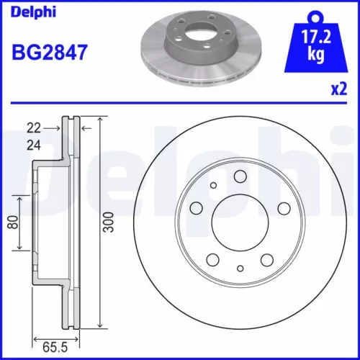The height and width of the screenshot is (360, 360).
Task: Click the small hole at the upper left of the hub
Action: coord(213,186)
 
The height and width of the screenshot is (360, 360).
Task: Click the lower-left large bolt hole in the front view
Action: coord(213,258)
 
